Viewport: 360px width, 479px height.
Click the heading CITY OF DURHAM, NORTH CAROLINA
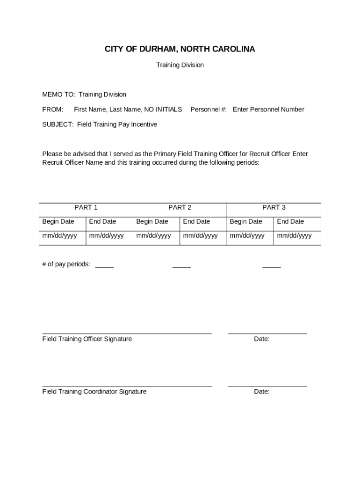180,49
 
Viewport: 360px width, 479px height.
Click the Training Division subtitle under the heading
180,65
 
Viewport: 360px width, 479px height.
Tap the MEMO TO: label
58,94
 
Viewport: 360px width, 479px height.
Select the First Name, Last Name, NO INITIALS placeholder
128,109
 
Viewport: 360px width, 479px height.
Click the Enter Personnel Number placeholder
268,109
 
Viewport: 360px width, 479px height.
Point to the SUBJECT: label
58,124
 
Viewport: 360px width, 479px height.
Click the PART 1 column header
86,207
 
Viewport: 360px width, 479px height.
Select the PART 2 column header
180,207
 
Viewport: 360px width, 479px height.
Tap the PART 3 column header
274,207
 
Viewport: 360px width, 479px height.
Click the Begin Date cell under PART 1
58,221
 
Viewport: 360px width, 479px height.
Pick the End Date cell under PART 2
196,221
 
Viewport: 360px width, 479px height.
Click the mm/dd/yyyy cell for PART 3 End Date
294,236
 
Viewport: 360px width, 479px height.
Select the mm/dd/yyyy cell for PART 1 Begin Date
60,236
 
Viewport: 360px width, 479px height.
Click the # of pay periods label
66,264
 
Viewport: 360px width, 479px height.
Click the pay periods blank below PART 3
272,265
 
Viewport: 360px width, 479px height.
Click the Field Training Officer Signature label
87,339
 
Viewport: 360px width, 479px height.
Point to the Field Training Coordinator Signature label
94,392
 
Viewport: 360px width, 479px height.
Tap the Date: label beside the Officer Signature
262,339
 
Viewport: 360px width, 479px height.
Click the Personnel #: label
209,109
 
